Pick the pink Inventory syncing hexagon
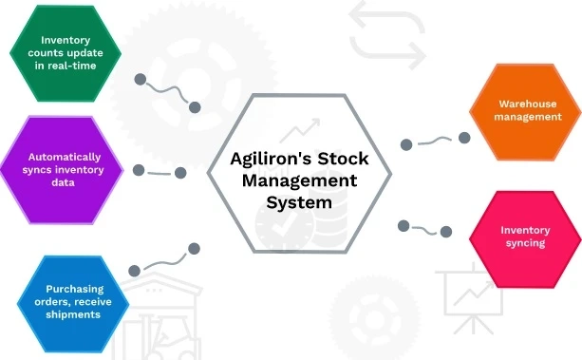pos(524,237)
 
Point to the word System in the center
pos(299,201)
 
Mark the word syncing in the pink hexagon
pos(524,243)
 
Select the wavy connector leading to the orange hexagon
pos(435,141)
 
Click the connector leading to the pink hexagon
pos(425,228)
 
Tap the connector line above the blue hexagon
pos(163,258)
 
